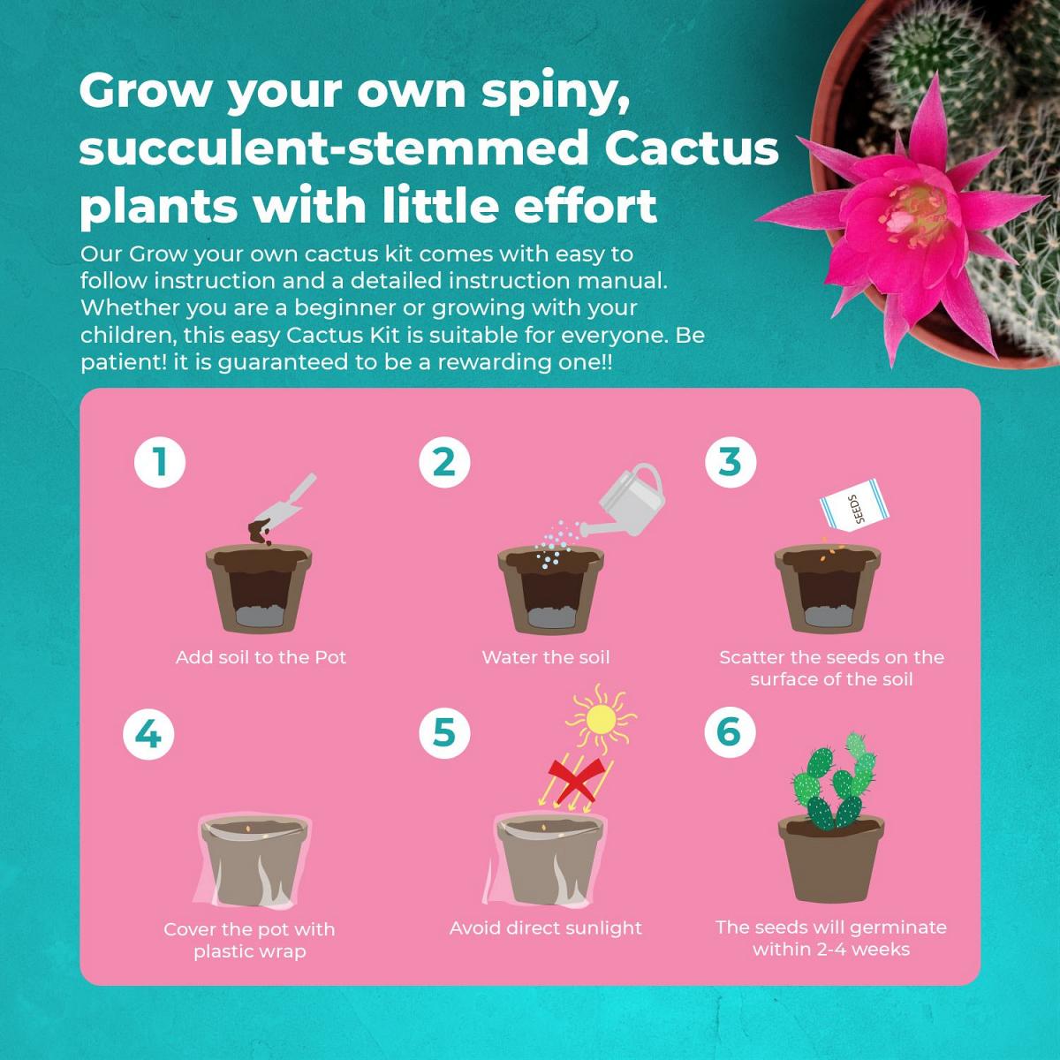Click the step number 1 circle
[x=160, y=461]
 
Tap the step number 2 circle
[x=444, y=461]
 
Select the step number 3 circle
[x=731, y=461]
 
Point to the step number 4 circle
[x=148, y=734]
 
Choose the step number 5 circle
[x=444, y=732]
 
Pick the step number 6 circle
[x=731, y=731]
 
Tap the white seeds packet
[x=854, y=505]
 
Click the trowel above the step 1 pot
[x=283, y=507]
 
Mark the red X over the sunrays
[x=577, y=781]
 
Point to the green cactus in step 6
[x=833, y=782]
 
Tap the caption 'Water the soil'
[x=546, y=657]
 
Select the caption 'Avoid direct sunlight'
[x=546, y=928]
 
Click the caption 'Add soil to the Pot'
[x=261, y=657]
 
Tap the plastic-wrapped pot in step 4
[x=253, y=862]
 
